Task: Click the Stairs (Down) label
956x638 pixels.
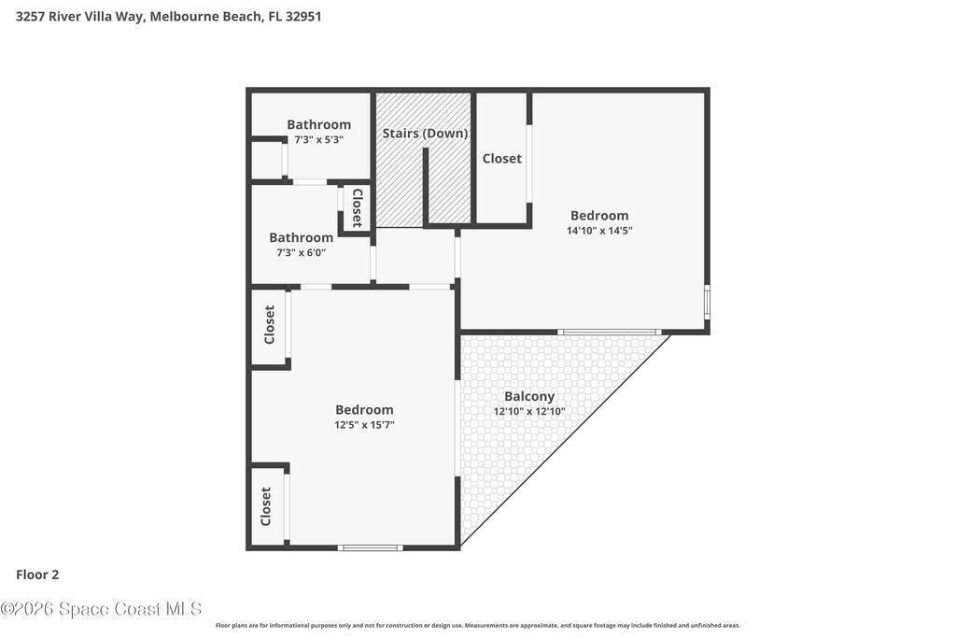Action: point(425,133)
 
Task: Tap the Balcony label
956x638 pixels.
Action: point(529,396)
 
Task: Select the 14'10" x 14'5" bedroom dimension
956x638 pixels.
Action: point(599,231)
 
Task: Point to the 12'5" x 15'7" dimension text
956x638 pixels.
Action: point(365,424)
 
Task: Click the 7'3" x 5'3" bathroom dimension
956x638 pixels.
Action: point(319,140)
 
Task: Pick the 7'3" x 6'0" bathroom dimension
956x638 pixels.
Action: point(302,252)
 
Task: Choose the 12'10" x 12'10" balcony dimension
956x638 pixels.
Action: point(529,412)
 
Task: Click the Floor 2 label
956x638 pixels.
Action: point(37,574)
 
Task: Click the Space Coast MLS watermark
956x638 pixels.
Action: point(101,609)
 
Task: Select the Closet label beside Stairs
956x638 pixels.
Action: point(501,159)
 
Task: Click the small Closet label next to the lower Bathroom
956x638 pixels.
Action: point(358,208)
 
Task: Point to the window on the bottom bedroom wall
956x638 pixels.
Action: point(371,547)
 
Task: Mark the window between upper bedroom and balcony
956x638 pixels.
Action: point(610,332)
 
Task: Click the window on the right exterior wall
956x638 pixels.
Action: point(708,302)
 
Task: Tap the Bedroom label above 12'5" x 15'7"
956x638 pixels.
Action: point(365,410)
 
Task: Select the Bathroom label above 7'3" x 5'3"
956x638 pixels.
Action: point(319,124)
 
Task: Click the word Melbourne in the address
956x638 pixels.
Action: point(176,17)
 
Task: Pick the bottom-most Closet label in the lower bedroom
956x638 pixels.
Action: point(266,506)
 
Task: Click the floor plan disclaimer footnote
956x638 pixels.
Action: point(477,625)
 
